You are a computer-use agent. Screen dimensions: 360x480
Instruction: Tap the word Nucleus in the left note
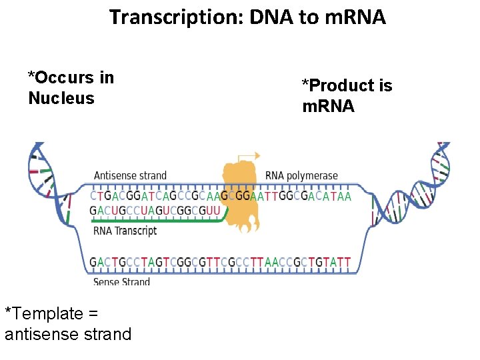pyautogui.click(x=61, y=99)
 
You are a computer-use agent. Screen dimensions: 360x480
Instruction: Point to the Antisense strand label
pyautogui.click(x=130, y=176)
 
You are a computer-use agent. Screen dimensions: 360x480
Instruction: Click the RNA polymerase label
pyautogui.click(x=301, y=176)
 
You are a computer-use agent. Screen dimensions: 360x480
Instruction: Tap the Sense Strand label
pyautogui.click(x=121, y=282)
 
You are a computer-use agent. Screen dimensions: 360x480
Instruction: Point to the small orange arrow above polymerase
pyautogui.click(x=249, y=156)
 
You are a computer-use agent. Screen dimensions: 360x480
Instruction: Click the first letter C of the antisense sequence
pyautogui.click(x=93, y=197)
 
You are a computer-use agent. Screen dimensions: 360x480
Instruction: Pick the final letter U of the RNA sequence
pyautogui.click(x=215, y=210)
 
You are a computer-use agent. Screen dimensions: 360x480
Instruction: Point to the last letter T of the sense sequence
pyautogui.click(x=347, y=262)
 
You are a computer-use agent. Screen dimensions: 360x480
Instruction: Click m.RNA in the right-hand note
pyautogui.click(x=328, y=107)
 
